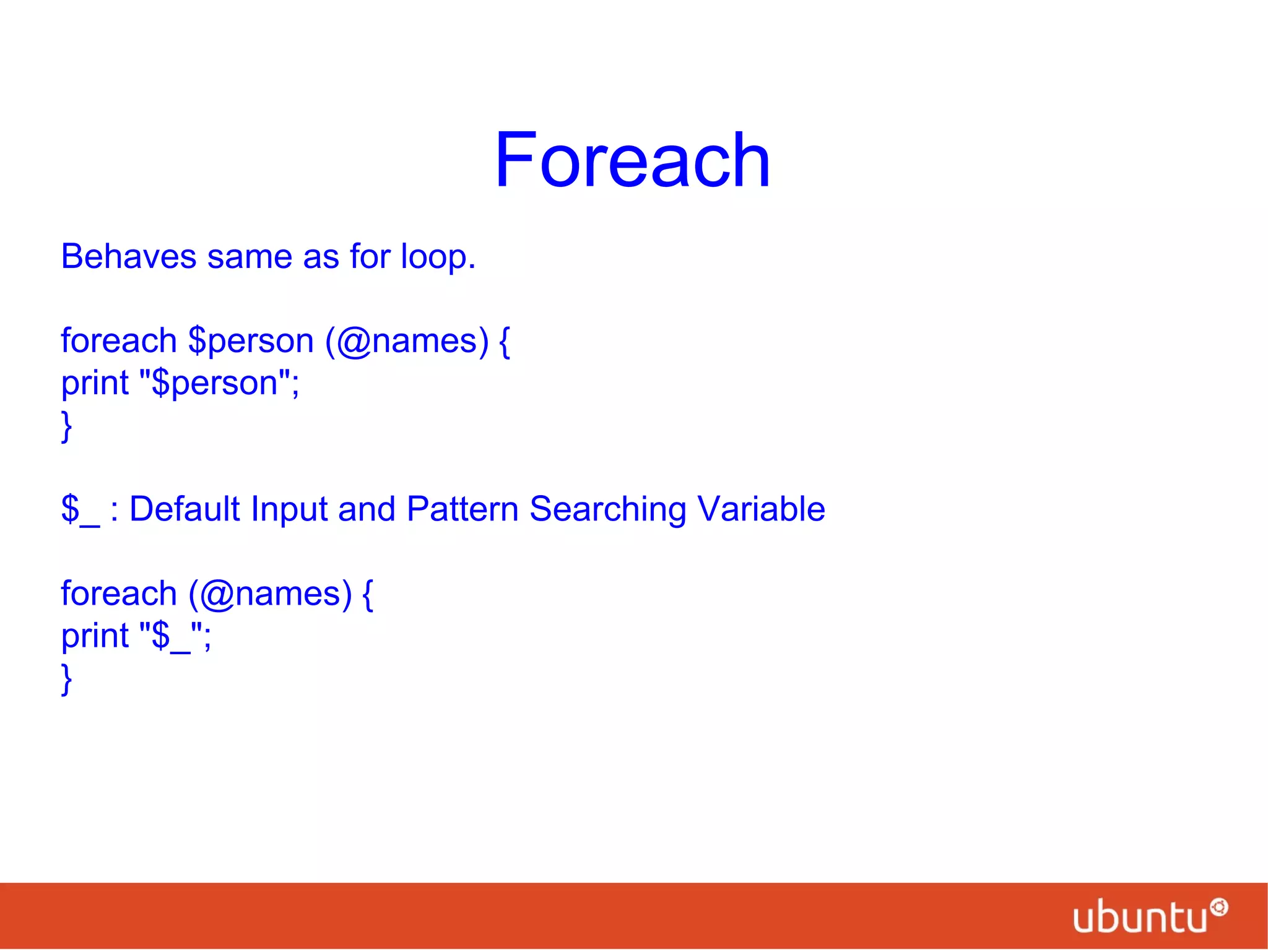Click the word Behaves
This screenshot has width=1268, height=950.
(x=128, y=256)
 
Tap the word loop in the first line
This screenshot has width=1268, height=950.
(x=438, y=256)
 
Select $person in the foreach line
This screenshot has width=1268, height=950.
(x=251, y=342)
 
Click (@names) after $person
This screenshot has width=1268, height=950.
(x=407, y=342)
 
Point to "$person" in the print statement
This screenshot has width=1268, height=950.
(x=215, y=382)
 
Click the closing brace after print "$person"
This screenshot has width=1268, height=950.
(x=66, y=426)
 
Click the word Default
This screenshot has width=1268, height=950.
(x=185, y=509)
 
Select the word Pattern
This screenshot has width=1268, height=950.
(x=462, y=509)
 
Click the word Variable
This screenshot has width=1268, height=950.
(x=761, y=509)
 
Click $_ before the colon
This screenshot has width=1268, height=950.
(x=80, y=510)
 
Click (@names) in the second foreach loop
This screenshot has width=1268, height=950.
(x=271, y=594)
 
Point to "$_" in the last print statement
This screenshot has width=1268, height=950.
(x=172, y=636)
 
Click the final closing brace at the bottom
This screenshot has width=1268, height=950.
(x=66, y=679)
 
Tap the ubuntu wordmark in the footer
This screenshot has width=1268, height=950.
(x=1140, y=917)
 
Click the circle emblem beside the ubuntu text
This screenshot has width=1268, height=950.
(x=1218, y=907)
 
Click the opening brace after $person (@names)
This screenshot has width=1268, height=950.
(x=505, y=342)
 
